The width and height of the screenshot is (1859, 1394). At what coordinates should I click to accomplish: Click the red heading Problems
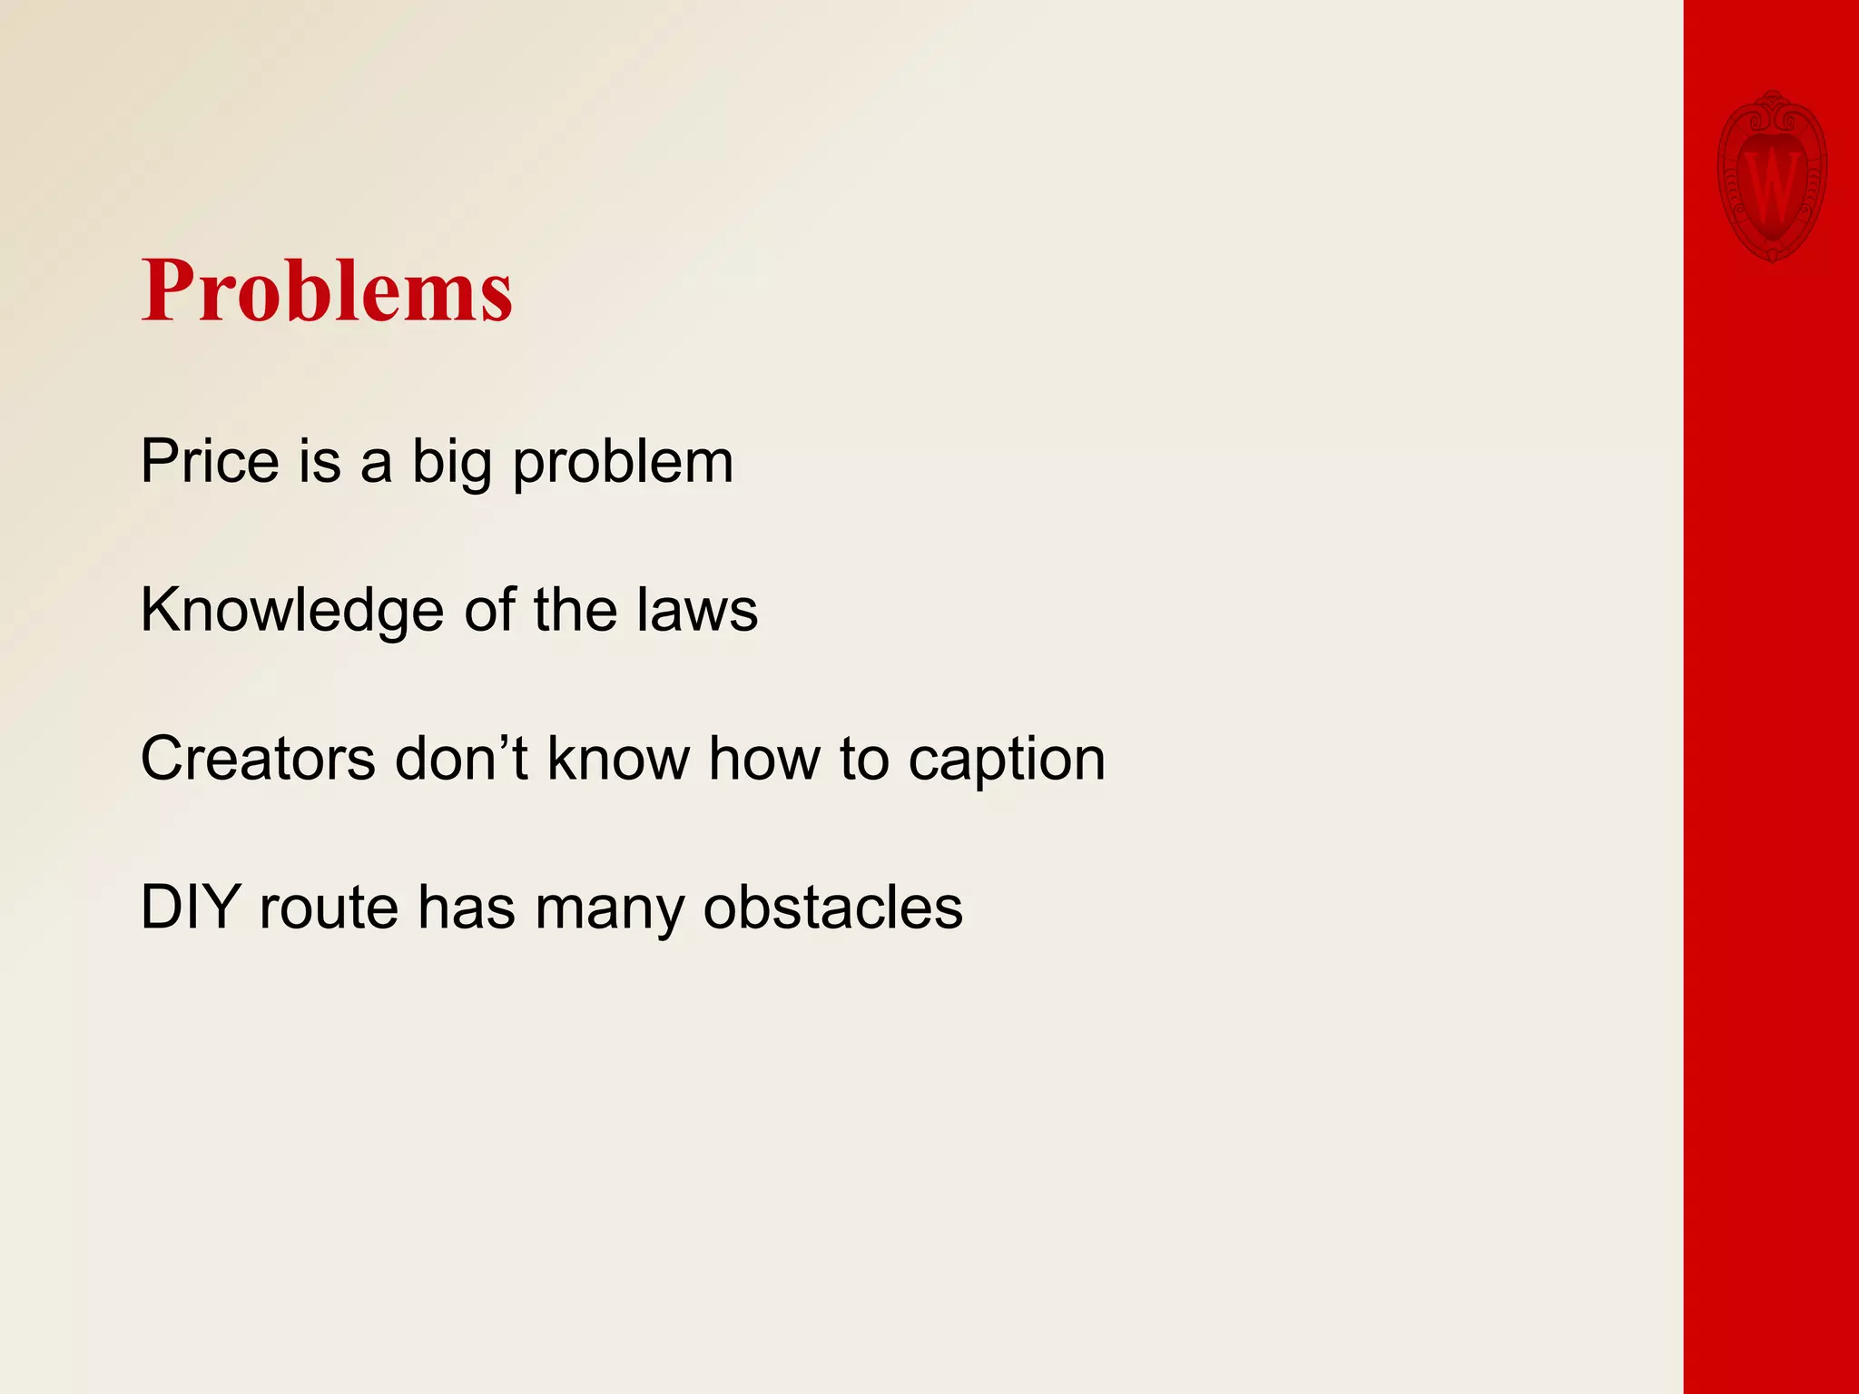pyautogui.click(x=327, y=290)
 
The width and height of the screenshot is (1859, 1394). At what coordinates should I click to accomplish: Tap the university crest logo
pyautogui.click(x=1772, y=177)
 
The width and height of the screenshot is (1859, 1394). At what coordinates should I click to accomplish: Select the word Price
pyautogui.click(x=210, y=461)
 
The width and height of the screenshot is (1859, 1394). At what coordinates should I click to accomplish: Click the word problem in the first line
pyautogui.click(x=623, y=463)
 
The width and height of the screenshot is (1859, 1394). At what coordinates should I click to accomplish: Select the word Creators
pyautogui.click(x=257, y=759)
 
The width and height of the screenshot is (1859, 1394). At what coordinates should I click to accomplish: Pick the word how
pyautogui.click(x=763, y=759)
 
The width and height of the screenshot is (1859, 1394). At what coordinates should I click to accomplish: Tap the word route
pyautogui.click(x=329, y=907)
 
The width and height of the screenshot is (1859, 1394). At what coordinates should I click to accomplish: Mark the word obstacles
pyautogui.click(x=832, y=907)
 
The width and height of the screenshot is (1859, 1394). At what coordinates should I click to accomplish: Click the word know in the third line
pyautogui.click(x=618, y=759)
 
